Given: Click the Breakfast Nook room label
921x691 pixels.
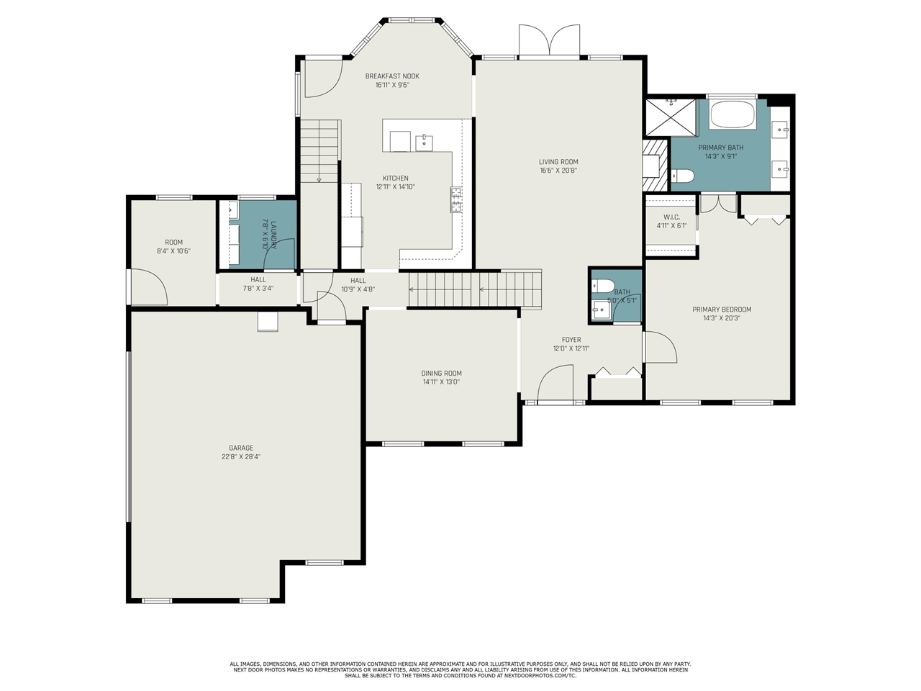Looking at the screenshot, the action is click(392, 76).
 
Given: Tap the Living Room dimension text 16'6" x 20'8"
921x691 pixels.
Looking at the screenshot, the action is click(558, 171).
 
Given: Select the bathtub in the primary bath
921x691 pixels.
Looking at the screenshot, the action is click(732, 114).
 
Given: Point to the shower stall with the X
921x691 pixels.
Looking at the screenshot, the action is click(671, 117).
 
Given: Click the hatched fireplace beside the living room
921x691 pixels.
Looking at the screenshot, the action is click(655, 166).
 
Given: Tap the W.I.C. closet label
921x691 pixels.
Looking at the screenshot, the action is click(672, 217).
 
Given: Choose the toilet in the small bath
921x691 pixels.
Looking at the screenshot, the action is click(602, 286).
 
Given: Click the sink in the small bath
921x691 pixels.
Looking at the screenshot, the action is click(601, 310).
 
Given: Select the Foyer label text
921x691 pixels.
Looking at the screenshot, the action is click(571, 340).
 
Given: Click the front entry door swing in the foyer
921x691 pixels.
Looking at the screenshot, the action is click(555, 382).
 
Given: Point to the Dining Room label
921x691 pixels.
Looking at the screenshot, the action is click(441, 374).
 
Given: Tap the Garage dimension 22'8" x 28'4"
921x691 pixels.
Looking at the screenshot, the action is click(241, 457).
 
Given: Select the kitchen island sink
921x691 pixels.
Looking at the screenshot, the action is click(425, 143).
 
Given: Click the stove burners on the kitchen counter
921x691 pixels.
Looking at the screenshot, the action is click(456, 199).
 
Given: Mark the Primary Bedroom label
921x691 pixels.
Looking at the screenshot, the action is click(722, 310).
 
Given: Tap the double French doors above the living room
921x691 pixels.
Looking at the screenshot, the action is click(550, 40).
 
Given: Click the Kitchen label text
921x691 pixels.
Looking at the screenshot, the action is click(395, 179).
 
